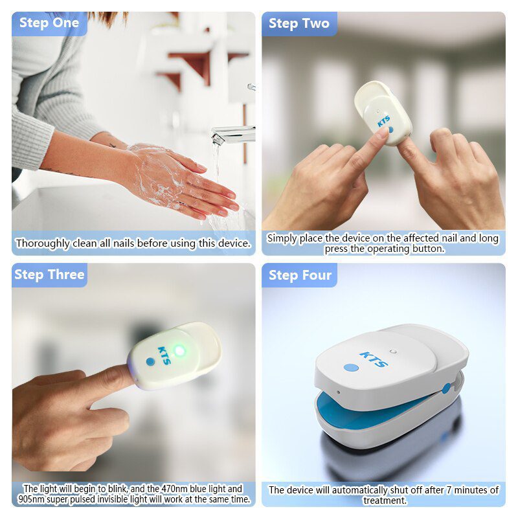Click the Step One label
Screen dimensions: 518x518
tap(49, 23)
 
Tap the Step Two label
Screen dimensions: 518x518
tap(298, 24)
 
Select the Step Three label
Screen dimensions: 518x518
tap(49, 275)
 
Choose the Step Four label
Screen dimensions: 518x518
tap(300, 275)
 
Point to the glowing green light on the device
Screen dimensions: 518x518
tap(180, 351)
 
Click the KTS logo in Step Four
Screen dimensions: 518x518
tap(374, 359)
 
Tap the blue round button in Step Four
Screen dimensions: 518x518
tap(351, 368)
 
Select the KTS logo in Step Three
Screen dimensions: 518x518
tap(163, 355)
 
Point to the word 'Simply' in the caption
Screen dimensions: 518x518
tap(282, 238)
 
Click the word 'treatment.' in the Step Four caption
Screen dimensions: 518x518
tap(384, 501)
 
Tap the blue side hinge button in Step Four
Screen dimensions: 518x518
tap(446, 388)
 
